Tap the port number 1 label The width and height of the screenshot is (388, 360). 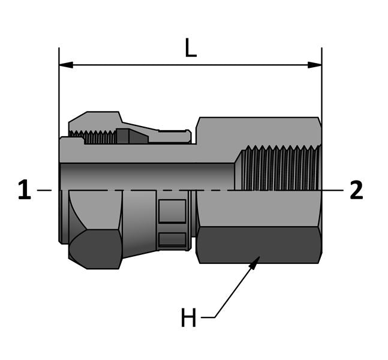pos(24,190)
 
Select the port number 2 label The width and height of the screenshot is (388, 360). pos(356,190)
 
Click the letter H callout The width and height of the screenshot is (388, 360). pos(188,318)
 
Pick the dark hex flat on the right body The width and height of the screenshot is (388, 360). pos(258,244)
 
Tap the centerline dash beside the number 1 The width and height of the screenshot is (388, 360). pos(44,190)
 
